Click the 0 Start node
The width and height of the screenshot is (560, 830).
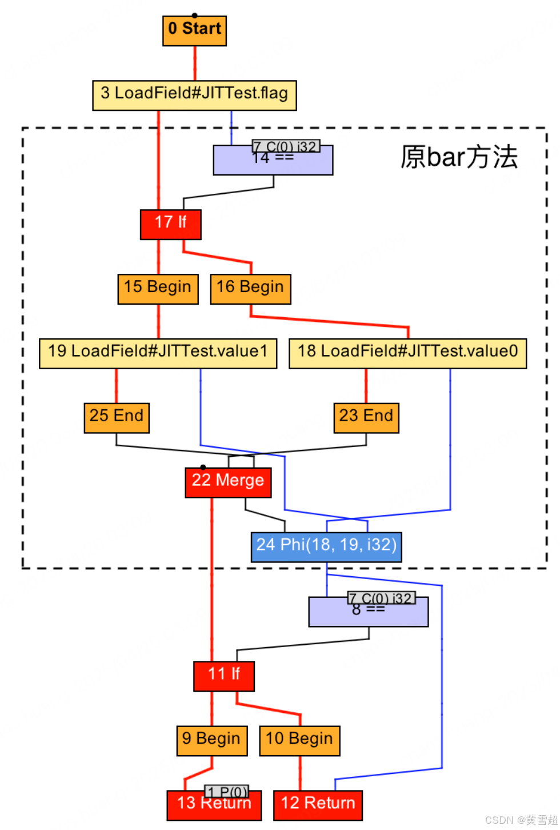tap(194, 30)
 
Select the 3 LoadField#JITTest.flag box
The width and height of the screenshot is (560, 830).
tap(194, 95)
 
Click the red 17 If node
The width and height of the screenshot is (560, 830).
tap(170, 224)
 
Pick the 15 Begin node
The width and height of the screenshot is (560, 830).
tap(158, 289)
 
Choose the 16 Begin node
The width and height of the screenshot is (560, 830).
tap(250, 289)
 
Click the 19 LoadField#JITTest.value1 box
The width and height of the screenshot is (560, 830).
tap(158, 353)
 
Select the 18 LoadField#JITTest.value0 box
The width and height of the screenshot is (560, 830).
tap(407, 353)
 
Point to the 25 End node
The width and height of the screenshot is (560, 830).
tap(117, 418)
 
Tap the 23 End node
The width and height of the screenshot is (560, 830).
tap(366, 418)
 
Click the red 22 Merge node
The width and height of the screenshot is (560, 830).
tap(228, 482)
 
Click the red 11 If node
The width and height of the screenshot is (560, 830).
tap(224, 676)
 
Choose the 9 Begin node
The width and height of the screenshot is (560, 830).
tap(211, 741)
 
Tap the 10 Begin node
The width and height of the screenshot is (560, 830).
tap(299, 741)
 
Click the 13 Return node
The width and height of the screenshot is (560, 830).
tap(214, 805)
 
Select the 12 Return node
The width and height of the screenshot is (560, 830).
tap(318, 805)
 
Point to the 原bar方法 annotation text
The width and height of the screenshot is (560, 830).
tap(459, 157)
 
